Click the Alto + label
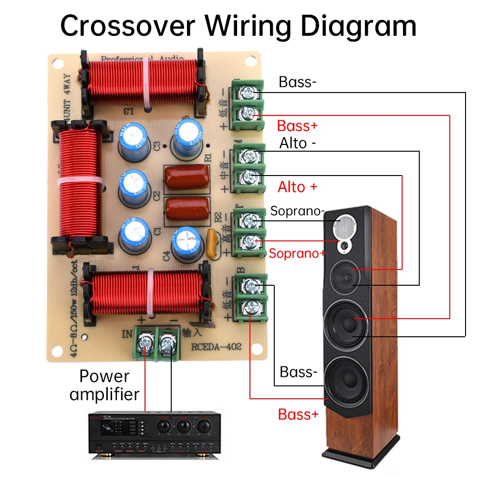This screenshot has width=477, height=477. pos(297,187)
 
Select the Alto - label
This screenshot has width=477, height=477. pos(298,143)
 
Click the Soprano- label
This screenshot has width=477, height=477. pos(297,211)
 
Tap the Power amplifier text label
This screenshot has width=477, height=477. pos(104,385)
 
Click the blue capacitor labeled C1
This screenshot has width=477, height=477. pos(134,234)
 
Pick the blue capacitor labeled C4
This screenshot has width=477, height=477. pos(187,244)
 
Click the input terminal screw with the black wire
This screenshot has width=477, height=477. pos(167,342)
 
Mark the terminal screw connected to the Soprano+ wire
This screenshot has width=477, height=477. pos(249,242)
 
